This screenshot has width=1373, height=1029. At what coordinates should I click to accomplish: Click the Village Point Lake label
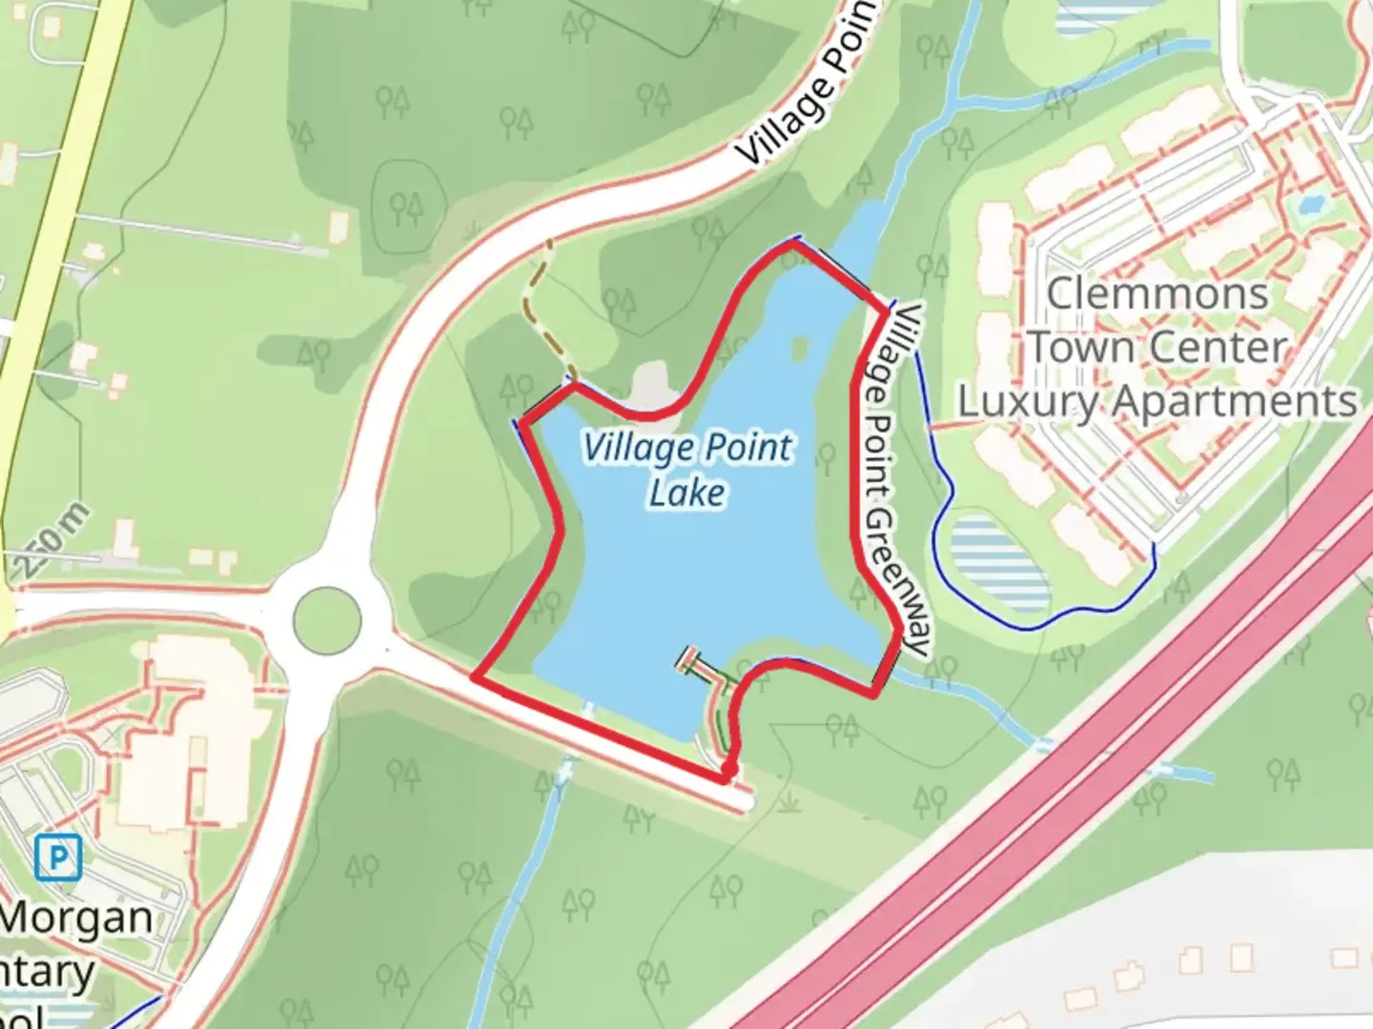point(686,469)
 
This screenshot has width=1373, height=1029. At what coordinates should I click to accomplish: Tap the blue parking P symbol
point(58,857)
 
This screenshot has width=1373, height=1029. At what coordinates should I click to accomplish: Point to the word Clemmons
point(1158,293)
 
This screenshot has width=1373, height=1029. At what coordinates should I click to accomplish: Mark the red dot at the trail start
point(728,771)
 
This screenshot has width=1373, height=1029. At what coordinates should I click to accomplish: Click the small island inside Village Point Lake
point(800,348)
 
